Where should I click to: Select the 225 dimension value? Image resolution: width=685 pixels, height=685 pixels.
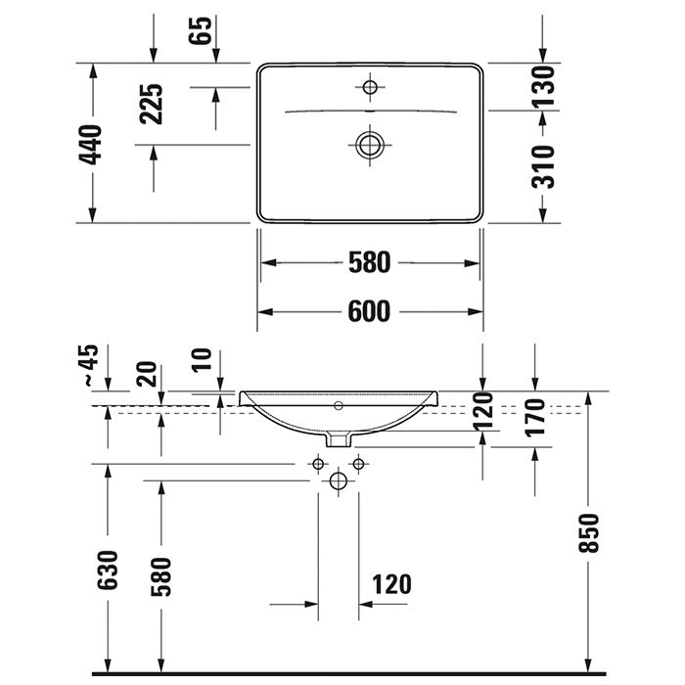pyautogui.click(x=152, y=104)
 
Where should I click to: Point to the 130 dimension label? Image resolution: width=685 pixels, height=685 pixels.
pyautogui.click(x=545, y=86)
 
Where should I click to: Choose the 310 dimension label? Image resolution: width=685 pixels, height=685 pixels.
pyautogui.click(x=545, y=166)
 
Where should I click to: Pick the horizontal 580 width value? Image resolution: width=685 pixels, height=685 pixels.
pyautogui.click(x=369, y=262)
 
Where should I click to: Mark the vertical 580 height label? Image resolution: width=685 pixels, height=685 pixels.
pyautogui.click(x=161, y=575)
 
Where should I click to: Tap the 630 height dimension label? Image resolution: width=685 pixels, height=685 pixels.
pyautogui.click(x=108, y=570)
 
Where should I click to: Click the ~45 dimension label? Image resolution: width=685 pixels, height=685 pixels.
pyautogui.click(x=89, y=365)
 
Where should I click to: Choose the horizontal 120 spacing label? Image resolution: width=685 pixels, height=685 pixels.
pyautogui.click(x=391, y=585)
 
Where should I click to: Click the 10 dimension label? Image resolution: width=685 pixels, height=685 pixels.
pyautogui.click(x=203, y=359)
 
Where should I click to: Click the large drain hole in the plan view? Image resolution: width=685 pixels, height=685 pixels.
pyautogui.click(x=370, y=145)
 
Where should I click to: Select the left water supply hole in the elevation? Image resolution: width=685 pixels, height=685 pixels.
pyautogui.click(x=318, y=462)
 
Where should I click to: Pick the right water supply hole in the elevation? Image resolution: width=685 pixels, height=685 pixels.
pyautogui.click(x=358, y=462)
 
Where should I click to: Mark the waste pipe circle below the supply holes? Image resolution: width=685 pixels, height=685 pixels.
pyautogui.click(x=339, y=480)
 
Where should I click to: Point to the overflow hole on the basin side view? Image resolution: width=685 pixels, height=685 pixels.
pyautogui.click(x=339, y=404)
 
